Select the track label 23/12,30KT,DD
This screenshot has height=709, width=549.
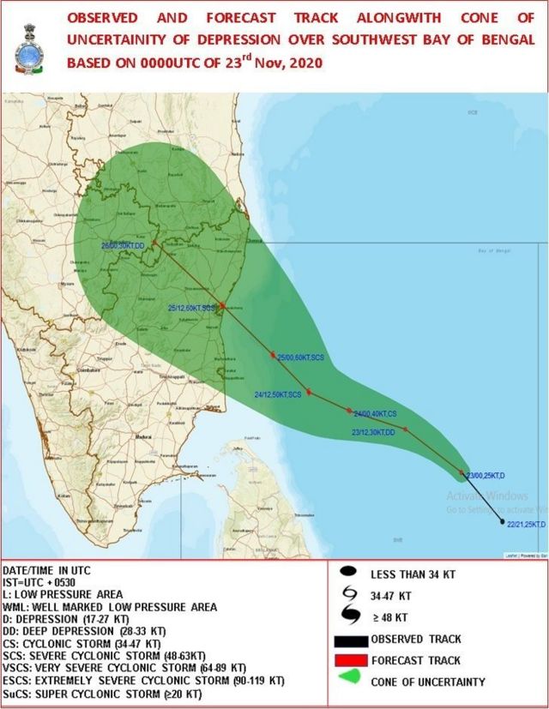[373, 433]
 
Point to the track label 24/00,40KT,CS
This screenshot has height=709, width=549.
[375, 412]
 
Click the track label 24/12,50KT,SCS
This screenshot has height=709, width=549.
[278, 394]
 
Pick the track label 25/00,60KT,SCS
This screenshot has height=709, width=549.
[300, 357]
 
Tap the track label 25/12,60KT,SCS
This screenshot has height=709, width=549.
[190, 307]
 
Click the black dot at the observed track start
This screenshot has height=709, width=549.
[502, 521]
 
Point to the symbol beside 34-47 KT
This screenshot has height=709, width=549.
[348, 593]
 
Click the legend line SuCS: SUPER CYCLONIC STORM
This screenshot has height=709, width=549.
[103, 693]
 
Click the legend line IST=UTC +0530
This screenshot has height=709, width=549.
[43, 582]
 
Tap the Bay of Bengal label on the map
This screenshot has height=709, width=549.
[493, 249]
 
